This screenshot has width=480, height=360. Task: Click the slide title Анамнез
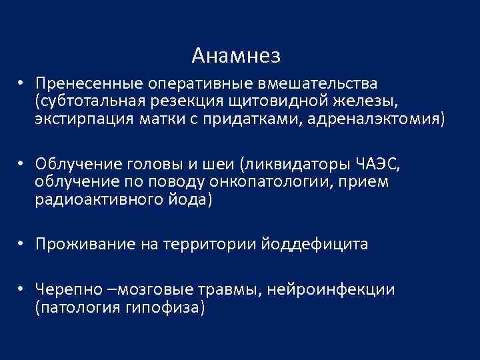pyautogui.click(x=235, y=55)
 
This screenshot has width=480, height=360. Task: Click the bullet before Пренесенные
pyautogui.click(x=22, y=85)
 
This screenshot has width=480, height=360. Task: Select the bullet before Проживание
pyautogui.click(x=22, y=245)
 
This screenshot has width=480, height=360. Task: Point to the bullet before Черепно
pyautogui.click(x=22, y=290)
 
